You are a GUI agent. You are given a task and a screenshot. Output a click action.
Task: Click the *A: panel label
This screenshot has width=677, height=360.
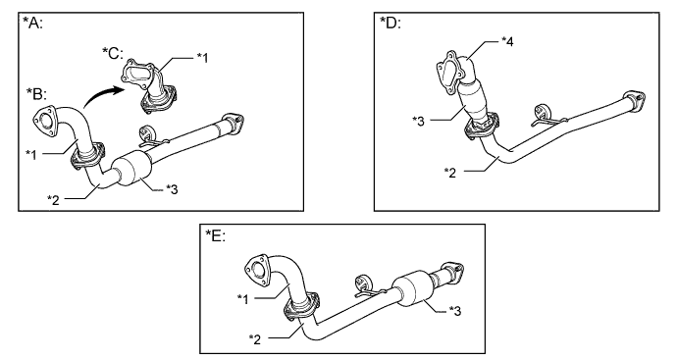click(32, 22)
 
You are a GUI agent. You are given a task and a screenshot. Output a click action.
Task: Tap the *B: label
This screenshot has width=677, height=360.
click(36, 93)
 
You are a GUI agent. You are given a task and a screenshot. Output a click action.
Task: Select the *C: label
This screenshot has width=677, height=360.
click(113, 53)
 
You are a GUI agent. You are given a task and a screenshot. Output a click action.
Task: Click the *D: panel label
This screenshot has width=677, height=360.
click(391, 22)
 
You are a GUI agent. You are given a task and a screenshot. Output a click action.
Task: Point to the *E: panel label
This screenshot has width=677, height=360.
click(215, 235)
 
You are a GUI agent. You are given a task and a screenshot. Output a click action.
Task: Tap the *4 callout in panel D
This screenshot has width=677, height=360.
click(508, 41)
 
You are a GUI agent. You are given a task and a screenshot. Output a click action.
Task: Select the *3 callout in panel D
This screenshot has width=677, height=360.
click(418, 121)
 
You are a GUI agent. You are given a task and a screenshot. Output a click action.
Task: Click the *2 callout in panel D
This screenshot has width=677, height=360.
click(450, 173)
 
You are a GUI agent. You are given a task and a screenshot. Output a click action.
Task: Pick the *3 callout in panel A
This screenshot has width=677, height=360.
click(172, 188)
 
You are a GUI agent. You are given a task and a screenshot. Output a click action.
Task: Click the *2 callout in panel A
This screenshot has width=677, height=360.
click(54, 199)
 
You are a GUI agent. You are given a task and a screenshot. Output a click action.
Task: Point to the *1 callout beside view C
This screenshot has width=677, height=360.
click(202, 58)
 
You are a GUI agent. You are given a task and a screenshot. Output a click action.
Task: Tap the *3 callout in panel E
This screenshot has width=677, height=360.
click(455, 310)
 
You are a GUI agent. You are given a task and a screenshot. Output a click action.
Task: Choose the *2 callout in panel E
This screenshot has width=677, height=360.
click(255, 338)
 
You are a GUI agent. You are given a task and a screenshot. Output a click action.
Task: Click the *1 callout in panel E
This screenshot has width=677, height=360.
click(243, 298)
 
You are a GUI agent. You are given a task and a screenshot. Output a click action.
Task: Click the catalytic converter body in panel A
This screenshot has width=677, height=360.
click(130, 169)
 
